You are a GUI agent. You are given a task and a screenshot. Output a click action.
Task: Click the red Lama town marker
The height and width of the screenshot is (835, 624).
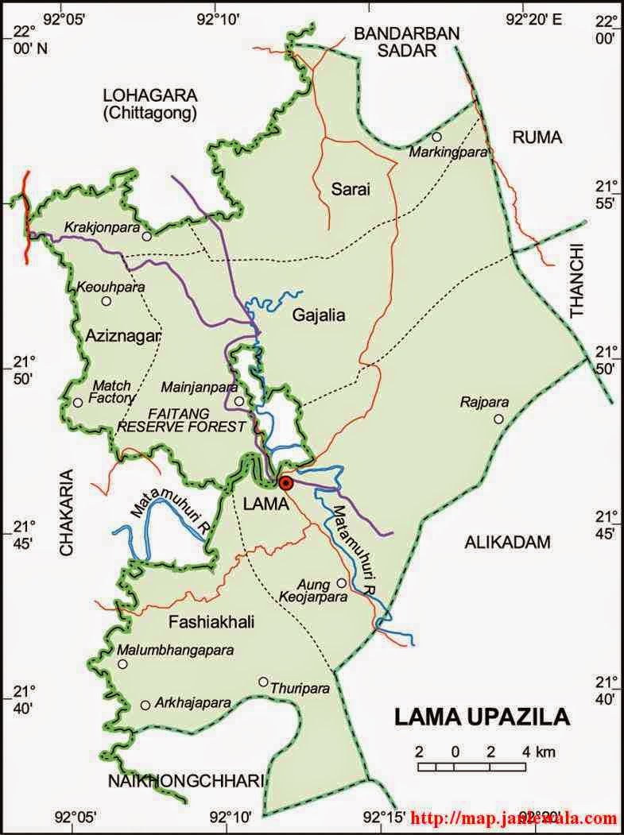[287, 482]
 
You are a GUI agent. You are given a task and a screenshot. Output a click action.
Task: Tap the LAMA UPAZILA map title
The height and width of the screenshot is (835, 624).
[482, 717]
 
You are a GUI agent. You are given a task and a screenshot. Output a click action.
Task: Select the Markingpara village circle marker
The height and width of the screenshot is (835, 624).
[436, 137]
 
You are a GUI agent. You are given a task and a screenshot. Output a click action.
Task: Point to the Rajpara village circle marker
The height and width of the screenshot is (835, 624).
[498, 419]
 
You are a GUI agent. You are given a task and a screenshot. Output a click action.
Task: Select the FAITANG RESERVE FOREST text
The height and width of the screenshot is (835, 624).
[182, 419]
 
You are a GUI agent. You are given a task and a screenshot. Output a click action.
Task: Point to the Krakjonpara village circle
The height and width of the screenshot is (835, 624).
[146, 237]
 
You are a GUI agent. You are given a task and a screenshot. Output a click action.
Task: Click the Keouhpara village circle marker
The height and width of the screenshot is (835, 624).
[107, 301]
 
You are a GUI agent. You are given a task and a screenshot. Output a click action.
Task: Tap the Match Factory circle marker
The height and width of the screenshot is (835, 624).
[78, 402]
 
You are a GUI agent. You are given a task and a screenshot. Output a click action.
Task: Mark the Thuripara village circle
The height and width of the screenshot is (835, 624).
[263, 681]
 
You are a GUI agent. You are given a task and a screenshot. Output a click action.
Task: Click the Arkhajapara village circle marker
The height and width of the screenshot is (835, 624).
[145, 705]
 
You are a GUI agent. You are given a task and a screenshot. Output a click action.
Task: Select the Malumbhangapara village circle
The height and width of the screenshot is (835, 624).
[122, 663]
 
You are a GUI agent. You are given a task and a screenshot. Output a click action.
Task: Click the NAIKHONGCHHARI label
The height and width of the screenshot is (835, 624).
[185, 782]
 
